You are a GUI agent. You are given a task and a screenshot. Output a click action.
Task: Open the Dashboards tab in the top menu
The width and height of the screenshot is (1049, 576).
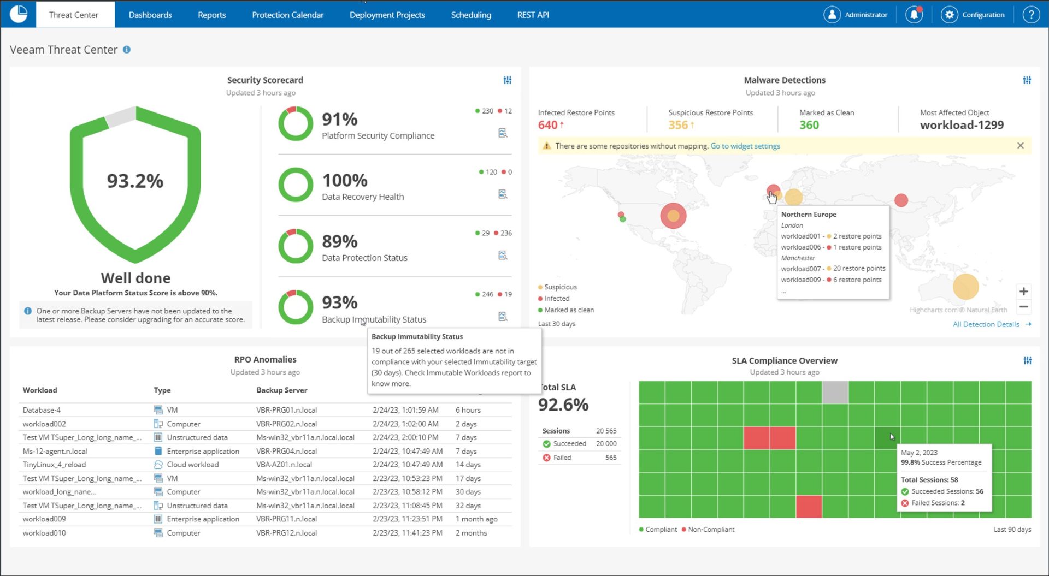click(x=150, y=15)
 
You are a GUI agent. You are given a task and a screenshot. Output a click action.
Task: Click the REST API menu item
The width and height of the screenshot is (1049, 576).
click(x=533, y=15)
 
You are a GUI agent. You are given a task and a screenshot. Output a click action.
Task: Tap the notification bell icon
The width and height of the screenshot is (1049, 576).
click(x=914, y=15)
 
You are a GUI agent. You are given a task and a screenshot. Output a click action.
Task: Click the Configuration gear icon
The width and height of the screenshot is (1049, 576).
click(x=950, y=15)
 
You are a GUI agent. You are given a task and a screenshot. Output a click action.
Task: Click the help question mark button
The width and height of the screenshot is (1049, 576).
click(x=1030, y=15)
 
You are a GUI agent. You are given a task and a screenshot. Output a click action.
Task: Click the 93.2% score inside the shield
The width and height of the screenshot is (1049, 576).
click(x=135, y=181)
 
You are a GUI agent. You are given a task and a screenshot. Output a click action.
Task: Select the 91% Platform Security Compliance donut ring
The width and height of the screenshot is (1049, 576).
click(x=296, y=124)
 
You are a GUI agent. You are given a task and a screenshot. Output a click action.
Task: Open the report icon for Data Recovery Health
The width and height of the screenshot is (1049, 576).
click(x=503, y=194)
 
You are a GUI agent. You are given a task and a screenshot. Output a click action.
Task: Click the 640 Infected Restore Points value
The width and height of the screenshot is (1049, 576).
click(x=547, y=125)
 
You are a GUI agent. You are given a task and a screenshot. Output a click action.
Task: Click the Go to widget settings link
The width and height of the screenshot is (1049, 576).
click(x=745, y=146)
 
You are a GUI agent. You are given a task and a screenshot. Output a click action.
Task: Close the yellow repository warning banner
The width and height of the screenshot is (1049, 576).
click(x=1020, y=146)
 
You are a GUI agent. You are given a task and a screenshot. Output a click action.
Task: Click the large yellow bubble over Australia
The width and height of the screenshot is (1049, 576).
click(x=965, y=287)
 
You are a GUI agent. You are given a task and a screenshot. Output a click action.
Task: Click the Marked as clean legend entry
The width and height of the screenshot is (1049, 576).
click(x=569, y=310)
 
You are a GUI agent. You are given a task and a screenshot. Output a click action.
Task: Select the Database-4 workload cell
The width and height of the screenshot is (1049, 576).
click(x=42, y=410)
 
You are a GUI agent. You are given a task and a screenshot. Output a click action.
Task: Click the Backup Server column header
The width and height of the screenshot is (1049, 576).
click(x=281, y=390)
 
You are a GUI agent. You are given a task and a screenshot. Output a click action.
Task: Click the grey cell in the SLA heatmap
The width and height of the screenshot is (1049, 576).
click(x=835, y=392)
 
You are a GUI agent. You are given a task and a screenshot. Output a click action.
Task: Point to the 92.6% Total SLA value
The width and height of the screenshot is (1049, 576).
click(x=563, y=405)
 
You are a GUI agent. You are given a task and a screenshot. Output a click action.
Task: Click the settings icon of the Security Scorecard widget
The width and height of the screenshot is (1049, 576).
click(x=507, y=80)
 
